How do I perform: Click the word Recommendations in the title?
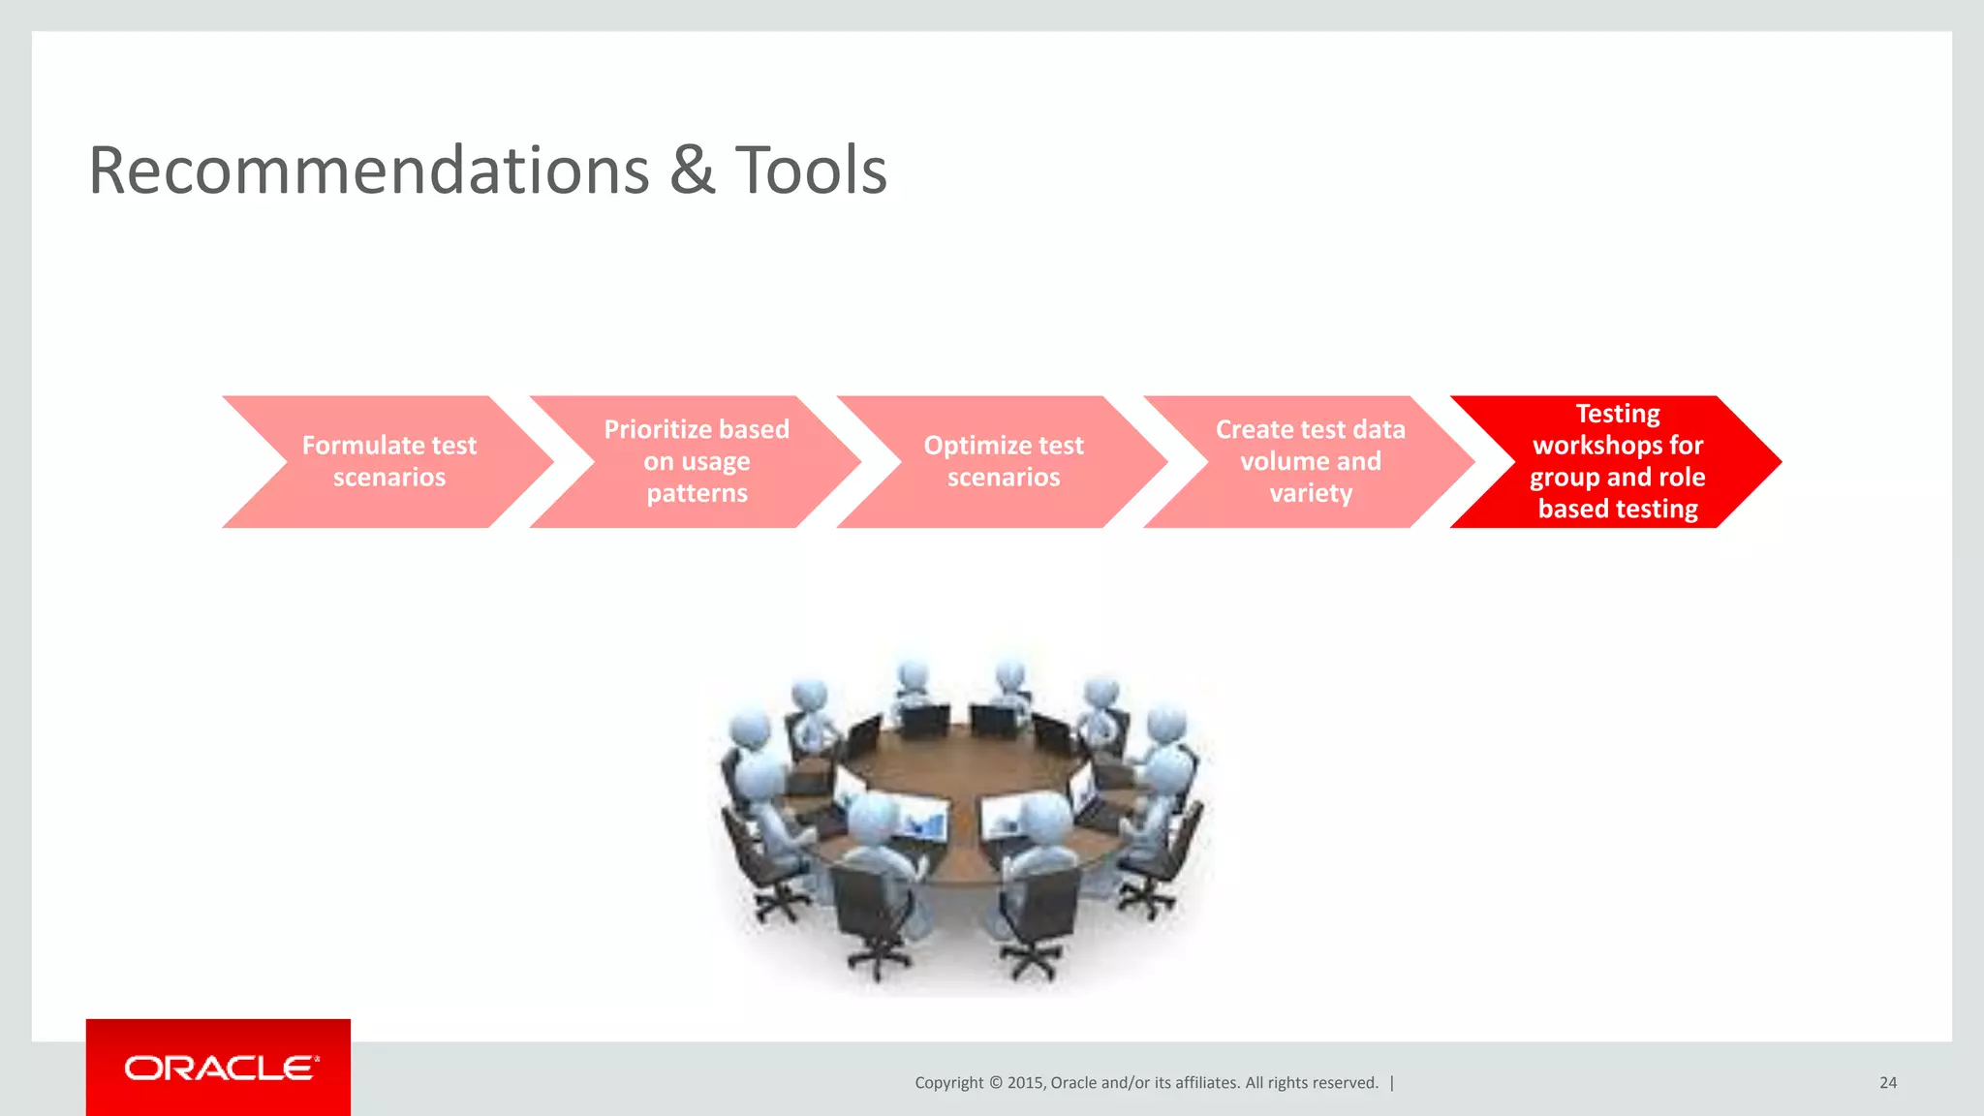tap(368, 171)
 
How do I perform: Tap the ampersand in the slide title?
tap(692, 171)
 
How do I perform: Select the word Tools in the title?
tap(811, 171)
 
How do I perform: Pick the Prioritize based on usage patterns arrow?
tap(697, 462)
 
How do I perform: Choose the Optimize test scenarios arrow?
tap(1004, 462)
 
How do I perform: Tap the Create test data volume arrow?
tap(1310, 462)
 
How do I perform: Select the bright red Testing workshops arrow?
tap(1617, 462)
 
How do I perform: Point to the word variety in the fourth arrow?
tap(1311, 493)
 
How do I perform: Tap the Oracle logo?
tap(221, 1068)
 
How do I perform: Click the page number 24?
tap(1887, 1083)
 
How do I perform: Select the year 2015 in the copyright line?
tap(1024, 1083)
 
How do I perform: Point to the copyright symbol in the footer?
tap(995, 1083)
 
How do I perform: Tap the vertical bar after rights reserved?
tap(1392, 1083)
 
